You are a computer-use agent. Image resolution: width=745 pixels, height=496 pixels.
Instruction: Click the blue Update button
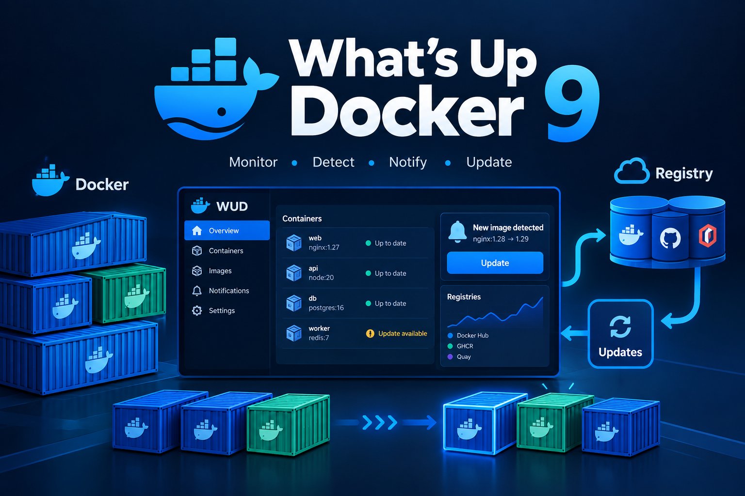495,263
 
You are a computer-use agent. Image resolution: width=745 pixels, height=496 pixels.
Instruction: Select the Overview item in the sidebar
227,230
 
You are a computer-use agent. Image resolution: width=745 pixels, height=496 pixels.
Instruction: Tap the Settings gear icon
197,310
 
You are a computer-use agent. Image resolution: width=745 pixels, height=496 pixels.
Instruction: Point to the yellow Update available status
396,334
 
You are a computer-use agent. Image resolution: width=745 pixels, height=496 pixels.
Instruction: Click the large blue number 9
572,103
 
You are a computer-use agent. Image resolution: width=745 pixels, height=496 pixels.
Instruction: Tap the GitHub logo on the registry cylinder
670,238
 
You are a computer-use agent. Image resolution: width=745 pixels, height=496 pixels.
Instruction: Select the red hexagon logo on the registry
707,235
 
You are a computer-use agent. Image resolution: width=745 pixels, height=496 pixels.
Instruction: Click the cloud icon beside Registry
631,171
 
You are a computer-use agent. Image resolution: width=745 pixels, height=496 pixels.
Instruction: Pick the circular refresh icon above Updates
620,326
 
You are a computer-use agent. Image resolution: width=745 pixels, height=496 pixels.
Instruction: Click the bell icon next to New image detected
457,232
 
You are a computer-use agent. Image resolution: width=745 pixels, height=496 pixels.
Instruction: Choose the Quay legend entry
459,356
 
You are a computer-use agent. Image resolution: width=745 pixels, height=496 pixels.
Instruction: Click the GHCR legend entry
460,346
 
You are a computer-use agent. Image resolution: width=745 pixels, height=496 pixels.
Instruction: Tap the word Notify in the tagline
408,162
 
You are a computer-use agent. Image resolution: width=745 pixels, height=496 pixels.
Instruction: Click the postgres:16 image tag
326,308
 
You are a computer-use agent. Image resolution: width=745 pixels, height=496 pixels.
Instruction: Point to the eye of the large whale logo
221,111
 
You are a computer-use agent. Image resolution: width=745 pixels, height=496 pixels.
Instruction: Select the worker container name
319,328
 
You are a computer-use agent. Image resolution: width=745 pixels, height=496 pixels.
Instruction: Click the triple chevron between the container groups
379,422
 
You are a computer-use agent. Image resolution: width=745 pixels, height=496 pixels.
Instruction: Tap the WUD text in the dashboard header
232,206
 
